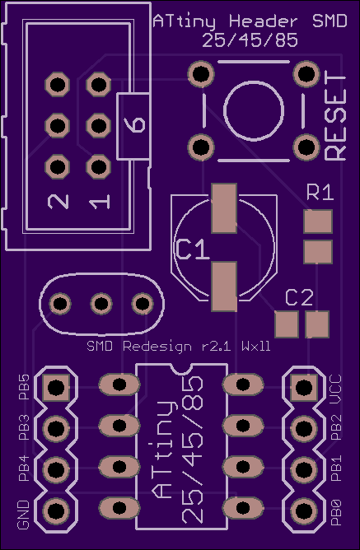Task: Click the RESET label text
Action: pyautogui.click(x=336, y=116)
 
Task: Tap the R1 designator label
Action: pyautogui.click(x=320, y=193)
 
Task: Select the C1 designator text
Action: pyautogui.click(x=193, y=249)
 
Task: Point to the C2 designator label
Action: pyautogui.click(x=299, y=297)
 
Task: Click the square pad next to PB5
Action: pyautogui.click(x=55, y=388)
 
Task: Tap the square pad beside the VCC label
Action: pyautogui.click(x=304, y=388)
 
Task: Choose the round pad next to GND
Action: pyautogui.click(x=55, y=510)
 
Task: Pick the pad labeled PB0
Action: pyautogui.click(x=304, y=510)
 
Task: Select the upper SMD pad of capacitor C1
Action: pyautogui.click(x=224, y=208)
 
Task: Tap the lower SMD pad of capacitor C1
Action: pyautogui.click(x=224, y=287)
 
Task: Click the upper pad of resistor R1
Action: pyautogui.click(x=318, y=221)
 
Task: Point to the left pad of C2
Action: pyautogui.click(x=287, y=324)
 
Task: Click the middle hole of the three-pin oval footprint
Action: pyautogui.click(x=101, y=304)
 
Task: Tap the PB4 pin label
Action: pyautogui.click(x=24, y=468)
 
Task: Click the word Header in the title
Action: pyautogui.click(x=264, y=21)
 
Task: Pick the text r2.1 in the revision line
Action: pyautogui.click(x=216, y=347)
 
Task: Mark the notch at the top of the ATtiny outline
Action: pyautogui.click(x=182, y=368)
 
